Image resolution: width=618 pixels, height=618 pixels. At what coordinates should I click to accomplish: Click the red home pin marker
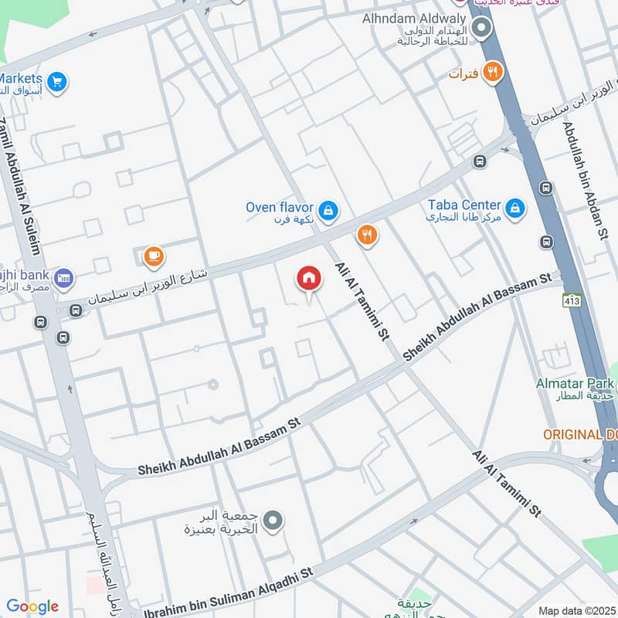[x=309, y=278]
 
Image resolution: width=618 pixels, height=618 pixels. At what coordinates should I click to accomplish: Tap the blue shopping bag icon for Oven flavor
[x=328, y=210]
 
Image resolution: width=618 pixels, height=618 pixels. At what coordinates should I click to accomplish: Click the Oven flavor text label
[x=279, y=207]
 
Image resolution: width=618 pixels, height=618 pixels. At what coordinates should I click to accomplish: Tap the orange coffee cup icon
[x=154, y=256]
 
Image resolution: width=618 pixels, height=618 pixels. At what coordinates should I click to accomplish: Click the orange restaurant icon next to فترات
[x=492, y=73]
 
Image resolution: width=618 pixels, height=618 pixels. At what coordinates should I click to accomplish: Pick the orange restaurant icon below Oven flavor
[x=368, y=235]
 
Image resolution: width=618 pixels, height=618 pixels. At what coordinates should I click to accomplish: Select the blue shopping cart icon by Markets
[x=56, y=80]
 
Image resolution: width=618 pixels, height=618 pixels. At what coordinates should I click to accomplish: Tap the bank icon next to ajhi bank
[x=64, y=277]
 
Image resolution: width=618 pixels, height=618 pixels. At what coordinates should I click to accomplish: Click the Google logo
[x=32, y=606]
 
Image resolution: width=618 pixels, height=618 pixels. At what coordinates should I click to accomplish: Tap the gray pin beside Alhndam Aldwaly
[x=482, y=29]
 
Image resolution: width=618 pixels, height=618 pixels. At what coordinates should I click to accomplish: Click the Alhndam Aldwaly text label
[x=414, y=18]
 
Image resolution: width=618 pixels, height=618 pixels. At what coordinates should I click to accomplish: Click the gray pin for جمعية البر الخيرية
[x=271, y=523]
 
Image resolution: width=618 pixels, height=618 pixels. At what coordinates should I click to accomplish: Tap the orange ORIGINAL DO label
[x=580, y=434]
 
